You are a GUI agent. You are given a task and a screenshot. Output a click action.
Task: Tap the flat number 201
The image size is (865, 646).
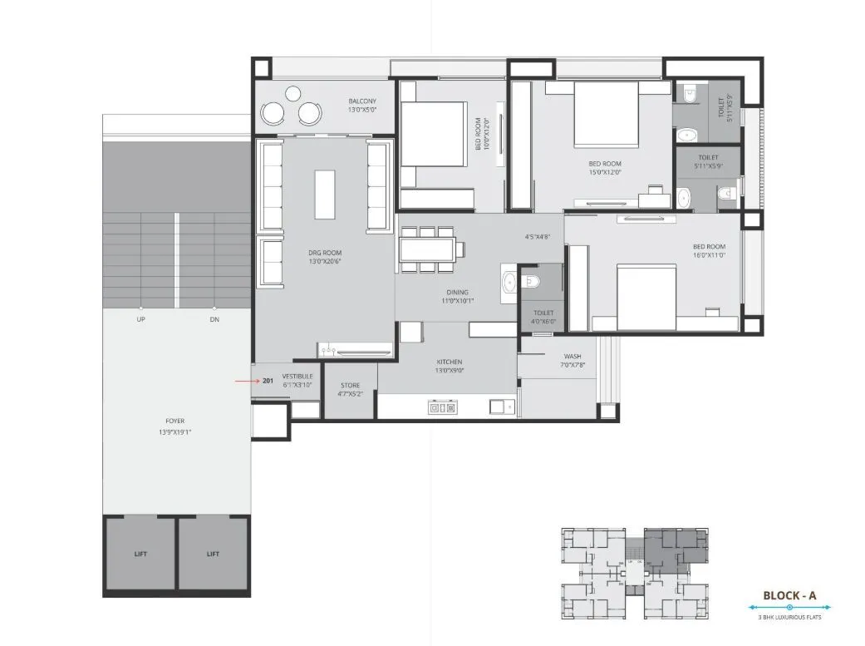pos(268,381)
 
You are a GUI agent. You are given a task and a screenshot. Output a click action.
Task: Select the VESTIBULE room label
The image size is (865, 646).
pos(297,376)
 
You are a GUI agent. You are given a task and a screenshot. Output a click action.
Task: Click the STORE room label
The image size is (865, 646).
pos(351,385)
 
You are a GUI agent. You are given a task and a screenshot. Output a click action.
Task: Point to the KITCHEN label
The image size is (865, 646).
pos(450,362)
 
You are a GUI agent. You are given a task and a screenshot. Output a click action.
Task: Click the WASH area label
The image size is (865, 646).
pos(572,357)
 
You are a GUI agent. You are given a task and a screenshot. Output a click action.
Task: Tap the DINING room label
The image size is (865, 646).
pos(457,292)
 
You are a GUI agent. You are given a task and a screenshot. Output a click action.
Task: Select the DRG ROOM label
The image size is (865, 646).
pos(325,253)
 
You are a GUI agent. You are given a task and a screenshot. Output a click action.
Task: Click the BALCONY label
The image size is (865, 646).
pos(362,101)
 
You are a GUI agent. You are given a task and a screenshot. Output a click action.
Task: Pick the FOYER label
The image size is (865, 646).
pos(174,421)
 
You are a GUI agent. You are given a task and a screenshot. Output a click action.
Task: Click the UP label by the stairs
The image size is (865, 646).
pos(141,319)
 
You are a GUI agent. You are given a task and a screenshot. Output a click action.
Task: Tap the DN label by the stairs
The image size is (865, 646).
pos(214,319)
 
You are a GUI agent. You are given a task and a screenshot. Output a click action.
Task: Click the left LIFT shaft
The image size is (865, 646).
pos(140,554)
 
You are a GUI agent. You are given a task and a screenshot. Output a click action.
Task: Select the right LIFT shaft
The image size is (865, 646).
pos(214,554)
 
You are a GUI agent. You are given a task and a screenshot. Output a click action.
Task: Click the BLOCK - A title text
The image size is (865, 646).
pos(789,595)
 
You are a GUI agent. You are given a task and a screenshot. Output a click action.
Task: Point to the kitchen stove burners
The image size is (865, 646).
pos(442,407)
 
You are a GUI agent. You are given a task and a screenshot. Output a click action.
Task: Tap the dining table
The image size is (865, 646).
pos(427,249)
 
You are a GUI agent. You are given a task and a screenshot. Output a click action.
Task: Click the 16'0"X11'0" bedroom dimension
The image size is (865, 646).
pos(710,254)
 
